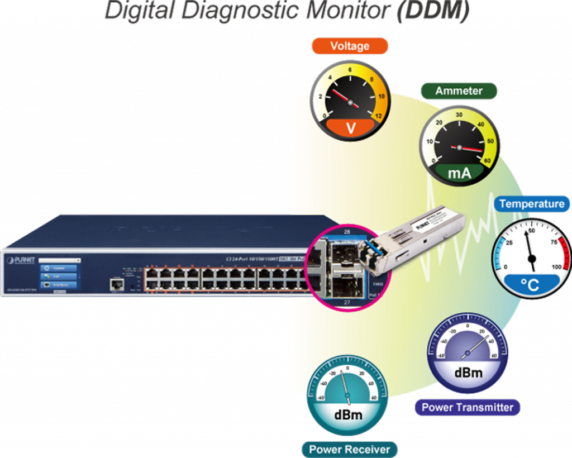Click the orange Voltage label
[x=350, y=46]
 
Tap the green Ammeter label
[x=459, y=91]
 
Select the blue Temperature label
[x=532, y=204]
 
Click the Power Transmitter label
[x=467, y=407]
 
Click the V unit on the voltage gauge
[x=351, y=128]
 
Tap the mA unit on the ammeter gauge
[x=459, y=174]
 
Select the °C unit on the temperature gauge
[x=530, y=285]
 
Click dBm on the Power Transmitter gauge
[x=468, y=372]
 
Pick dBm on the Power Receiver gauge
[x=348, y=415]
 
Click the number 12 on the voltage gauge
[x=379, y=116]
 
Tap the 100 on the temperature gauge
[x=556, y=267]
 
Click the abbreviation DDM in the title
[x=431, y=11]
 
